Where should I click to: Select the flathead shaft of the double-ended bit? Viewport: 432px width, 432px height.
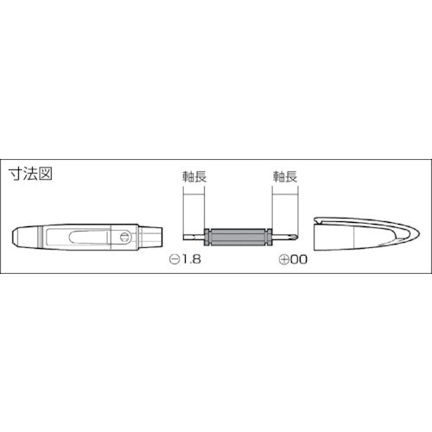[195, 237]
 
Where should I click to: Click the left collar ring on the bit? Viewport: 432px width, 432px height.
[211, 237]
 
